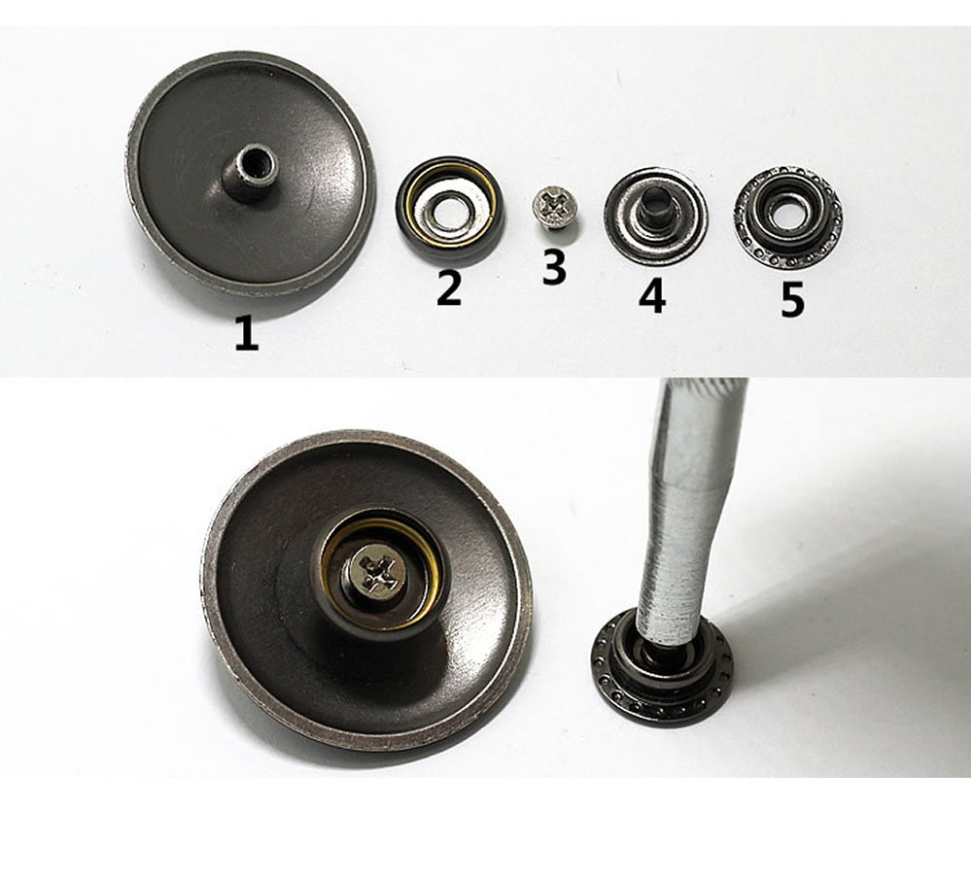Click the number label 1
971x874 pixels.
point(247,333)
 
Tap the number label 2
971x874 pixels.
point(449,287)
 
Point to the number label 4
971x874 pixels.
point(653,295)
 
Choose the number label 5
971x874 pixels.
point(792,300)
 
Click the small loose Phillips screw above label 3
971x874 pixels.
point(555,207)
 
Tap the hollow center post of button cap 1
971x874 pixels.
point(250,172)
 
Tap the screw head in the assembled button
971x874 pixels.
point(379,573)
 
